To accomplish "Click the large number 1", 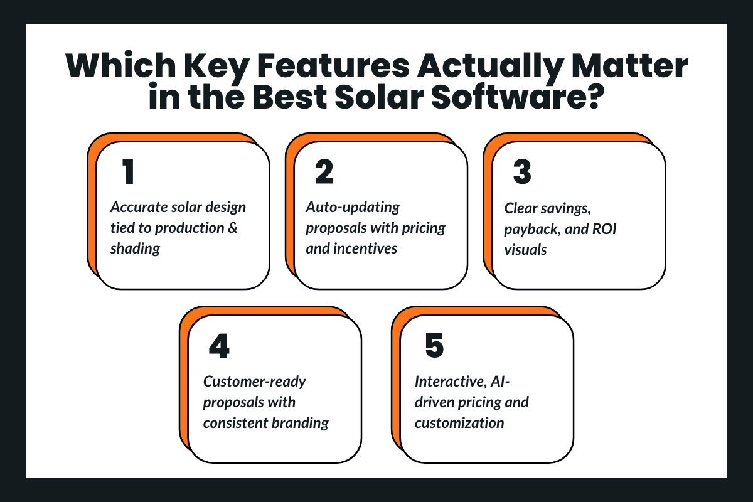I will coord(129,173).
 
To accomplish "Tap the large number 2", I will coord(324,173).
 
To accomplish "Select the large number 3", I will coord(522,173).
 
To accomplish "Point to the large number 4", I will coord(220,346).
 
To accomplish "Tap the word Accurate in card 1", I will coord(139,207).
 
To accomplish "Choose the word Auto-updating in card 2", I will coord(353,207).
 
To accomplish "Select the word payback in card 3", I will coord(531,228).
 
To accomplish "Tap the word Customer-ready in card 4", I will coord(254,381).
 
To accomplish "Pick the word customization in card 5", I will coord(459,422).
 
